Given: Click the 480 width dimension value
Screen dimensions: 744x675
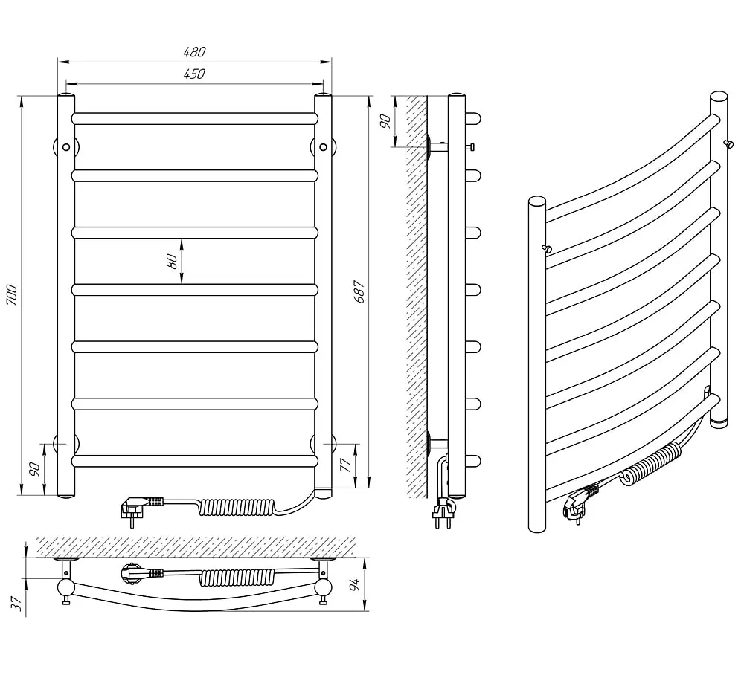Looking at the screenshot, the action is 194,52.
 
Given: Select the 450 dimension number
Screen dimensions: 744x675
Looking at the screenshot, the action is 194,74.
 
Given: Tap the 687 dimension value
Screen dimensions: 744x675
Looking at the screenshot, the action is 359,292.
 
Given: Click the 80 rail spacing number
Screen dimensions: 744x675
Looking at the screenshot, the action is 172,261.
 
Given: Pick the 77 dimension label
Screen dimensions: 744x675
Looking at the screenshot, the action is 347,465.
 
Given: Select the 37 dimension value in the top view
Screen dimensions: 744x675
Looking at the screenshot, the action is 16,604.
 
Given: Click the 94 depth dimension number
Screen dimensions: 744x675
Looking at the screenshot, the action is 356,584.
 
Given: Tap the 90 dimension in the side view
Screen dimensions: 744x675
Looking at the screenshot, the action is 385,121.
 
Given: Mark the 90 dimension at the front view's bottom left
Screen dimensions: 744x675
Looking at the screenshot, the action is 35,469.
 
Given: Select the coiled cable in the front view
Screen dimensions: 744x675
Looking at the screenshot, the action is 236,507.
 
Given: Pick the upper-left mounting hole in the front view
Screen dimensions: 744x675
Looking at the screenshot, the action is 66,147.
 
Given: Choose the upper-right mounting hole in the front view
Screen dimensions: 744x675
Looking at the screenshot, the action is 323,147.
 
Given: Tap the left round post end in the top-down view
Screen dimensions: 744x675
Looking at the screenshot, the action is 65,588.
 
